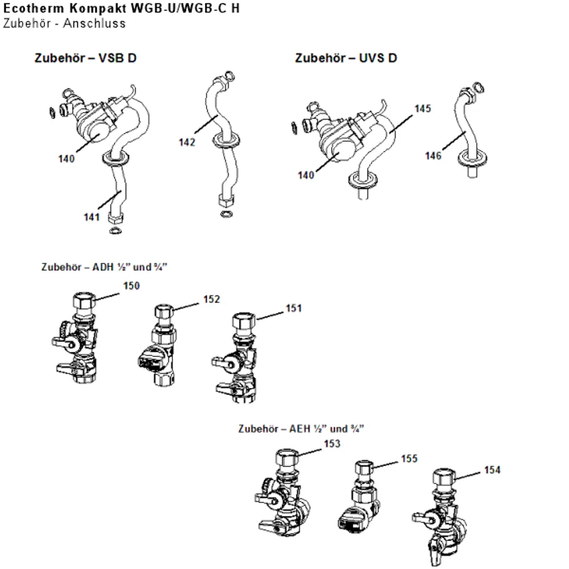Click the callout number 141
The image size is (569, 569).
92,217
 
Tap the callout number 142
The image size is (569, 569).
187,142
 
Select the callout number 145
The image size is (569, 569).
423,109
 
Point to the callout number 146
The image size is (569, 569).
433,156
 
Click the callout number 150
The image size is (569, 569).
131,286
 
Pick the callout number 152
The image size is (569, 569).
212,299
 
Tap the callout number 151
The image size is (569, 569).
294,308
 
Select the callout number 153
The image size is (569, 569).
332,444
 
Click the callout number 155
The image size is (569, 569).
409,459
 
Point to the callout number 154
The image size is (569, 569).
492,470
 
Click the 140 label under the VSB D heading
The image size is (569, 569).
67,159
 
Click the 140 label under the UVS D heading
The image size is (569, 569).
306,175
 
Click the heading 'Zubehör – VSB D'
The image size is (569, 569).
86,58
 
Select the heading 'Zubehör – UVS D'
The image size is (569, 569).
346,58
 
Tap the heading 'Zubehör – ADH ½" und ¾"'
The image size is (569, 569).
105,267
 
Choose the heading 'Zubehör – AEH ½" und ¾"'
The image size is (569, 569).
301,429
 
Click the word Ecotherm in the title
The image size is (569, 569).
34,8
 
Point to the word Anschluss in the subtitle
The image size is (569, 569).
94,23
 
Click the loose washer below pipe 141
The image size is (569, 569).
116,230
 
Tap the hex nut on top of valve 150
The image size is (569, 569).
85,301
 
